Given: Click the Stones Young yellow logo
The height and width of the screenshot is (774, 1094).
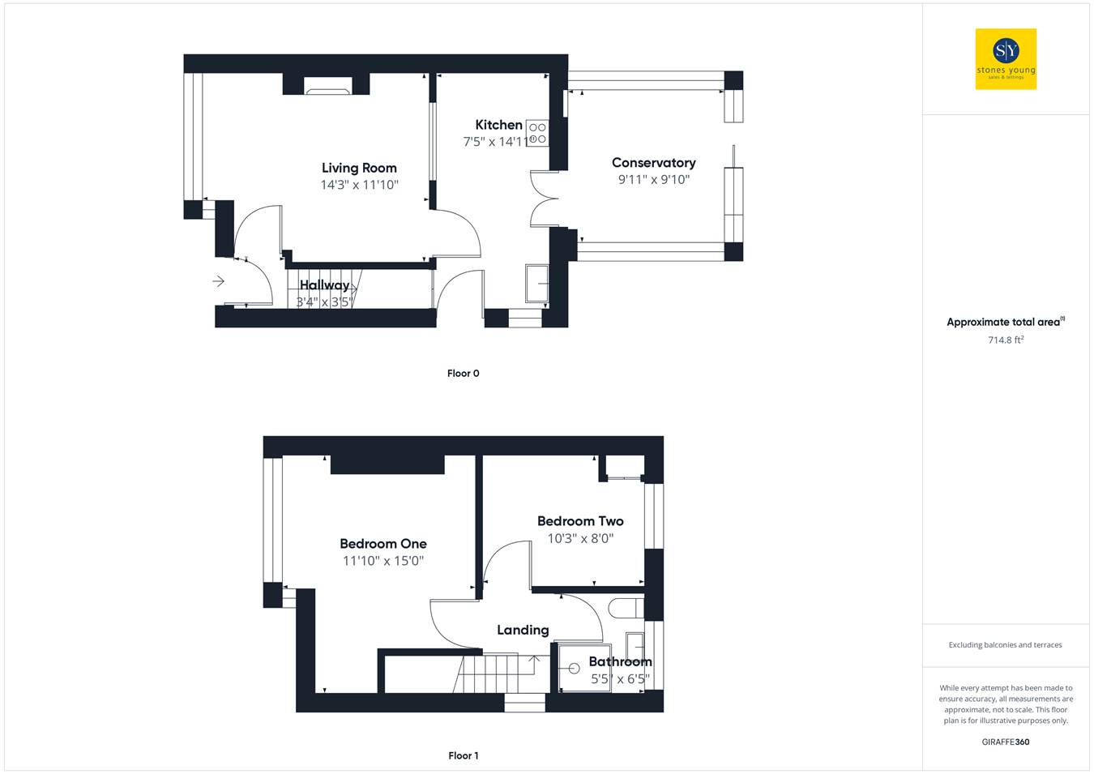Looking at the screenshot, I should click(x=1006, y=58).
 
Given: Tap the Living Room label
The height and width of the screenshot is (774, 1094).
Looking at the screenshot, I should click(x=359, y=168).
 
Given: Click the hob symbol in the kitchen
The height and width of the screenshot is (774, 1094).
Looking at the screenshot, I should click(x=537, y=133).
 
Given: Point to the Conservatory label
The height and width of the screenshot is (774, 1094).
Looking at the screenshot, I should click(x=653, y=163).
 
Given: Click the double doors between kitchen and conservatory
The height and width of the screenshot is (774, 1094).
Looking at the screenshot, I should click(x=543, y=199).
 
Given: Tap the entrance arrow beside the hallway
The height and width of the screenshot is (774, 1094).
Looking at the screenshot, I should click(x=218, y=281).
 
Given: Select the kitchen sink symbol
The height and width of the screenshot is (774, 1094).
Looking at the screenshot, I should click(x=536, y=283).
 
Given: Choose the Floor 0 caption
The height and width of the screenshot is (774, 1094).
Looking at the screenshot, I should click(x=463, y=374).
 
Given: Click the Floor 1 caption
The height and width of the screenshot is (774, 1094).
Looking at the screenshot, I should click(x=463, y=755).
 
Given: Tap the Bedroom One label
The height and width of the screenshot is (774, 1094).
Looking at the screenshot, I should click(x=382, y=544).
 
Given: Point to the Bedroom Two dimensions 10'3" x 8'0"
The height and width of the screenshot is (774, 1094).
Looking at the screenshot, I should click(x=580, y=538).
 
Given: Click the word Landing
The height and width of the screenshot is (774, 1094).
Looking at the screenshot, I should click(x=523, y=630).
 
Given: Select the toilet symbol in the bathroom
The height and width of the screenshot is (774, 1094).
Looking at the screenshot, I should click(x=626, y=608).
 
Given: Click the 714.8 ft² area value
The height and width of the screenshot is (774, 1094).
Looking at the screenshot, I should click(x=1005, y=340).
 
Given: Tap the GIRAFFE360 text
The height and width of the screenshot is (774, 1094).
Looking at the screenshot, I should click(x=1005, y=742).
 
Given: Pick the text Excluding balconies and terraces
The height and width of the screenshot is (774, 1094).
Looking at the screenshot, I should click(x=1005, y=645).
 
